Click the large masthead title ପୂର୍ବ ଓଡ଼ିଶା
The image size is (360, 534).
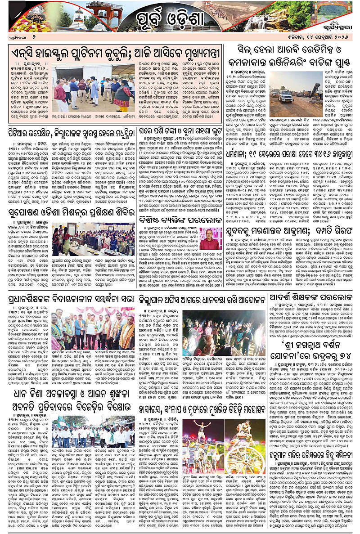coord(180,19)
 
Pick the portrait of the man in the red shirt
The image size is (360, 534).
coord(211,239)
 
